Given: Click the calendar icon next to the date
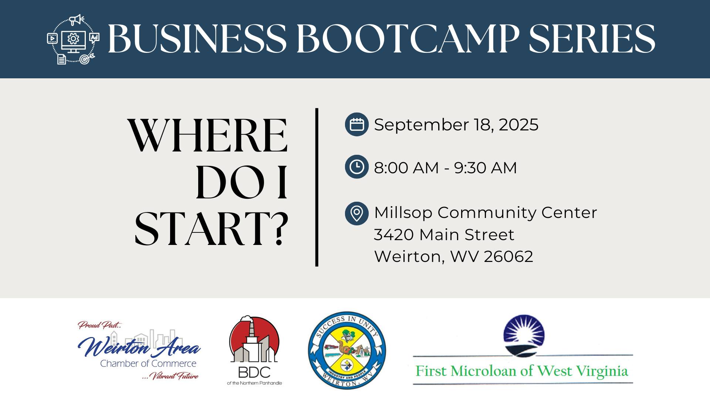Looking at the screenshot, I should [x=356, y=125].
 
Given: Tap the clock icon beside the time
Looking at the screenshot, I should [x=356, y=167].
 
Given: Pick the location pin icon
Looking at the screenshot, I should [x=356, y=213].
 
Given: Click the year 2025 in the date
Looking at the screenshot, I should [x=518, y=125].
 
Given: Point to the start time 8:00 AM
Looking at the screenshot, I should [x=406, y=168].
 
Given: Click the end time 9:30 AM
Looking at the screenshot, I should [x=485, y=168].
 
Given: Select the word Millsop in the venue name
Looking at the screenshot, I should [x=403, y=213].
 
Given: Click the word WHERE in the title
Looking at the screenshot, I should [x=208, y=136].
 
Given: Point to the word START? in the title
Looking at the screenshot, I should [x=211, y=229].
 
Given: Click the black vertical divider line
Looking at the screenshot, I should [x=317, y=187].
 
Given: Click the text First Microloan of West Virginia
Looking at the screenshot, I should [x=522, y=371].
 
